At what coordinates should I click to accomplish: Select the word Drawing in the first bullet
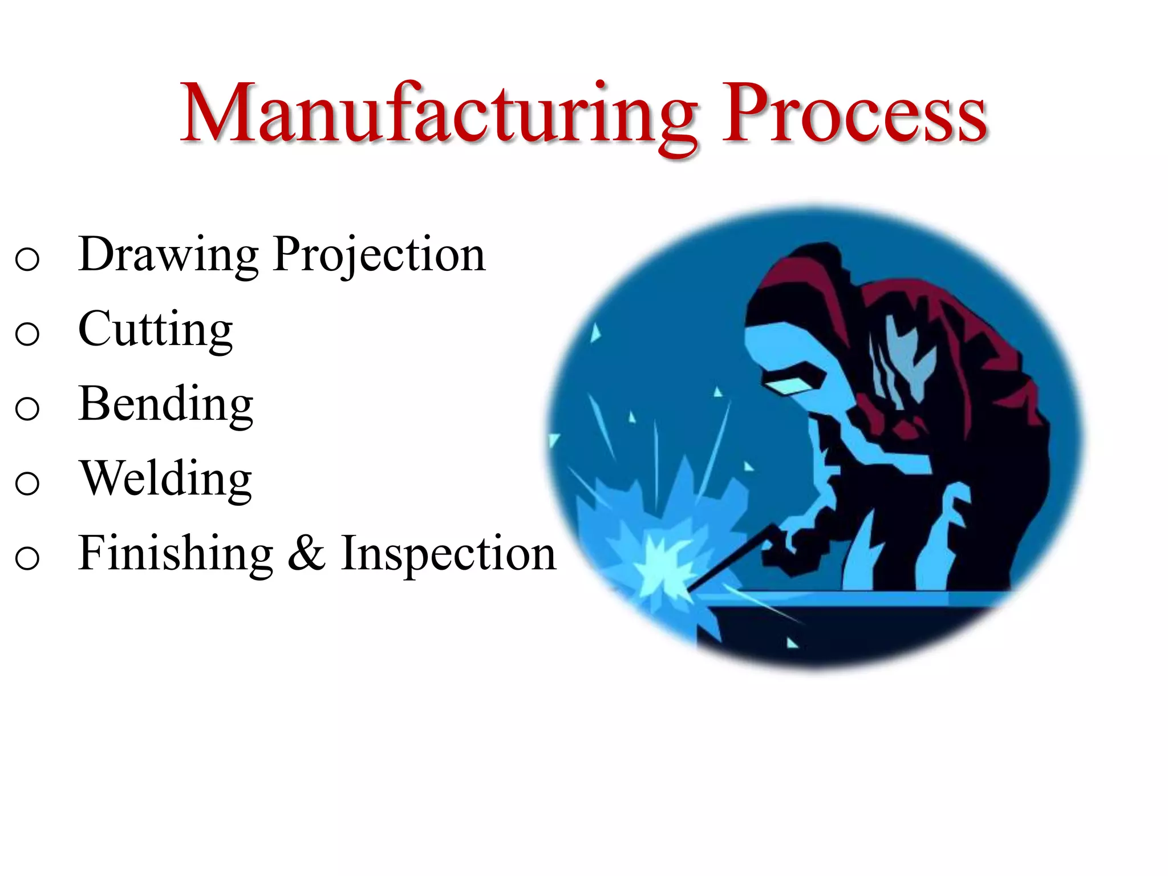(169, 254)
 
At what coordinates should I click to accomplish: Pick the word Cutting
(155, 330)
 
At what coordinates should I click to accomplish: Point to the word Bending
(165, 404)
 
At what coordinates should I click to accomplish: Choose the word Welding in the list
(165, 479)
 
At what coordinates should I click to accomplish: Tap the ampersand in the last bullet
(307, 554)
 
